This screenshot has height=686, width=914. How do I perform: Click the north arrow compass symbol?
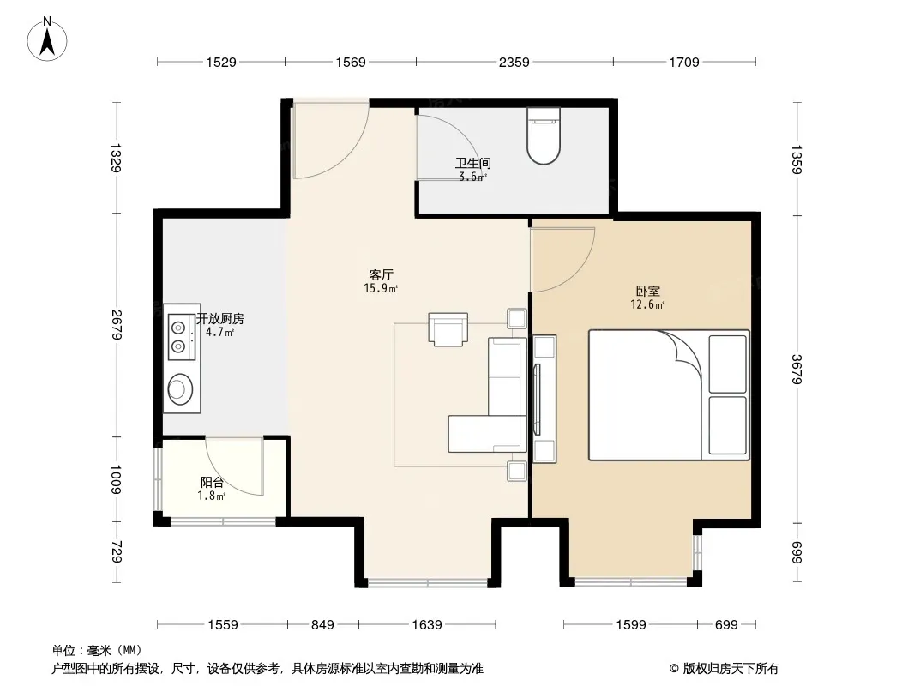(47, 39)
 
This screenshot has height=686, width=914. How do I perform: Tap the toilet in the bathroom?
(544, 135)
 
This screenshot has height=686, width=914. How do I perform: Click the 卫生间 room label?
(472, 163)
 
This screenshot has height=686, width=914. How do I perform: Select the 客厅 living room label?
(382, 274)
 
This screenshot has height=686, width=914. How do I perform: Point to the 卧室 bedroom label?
(647, 291)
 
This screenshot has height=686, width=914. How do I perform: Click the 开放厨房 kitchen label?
(219, 319)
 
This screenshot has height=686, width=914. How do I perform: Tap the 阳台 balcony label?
(212, 483)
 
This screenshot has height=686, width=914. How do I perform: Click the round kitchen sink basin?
(181, 388)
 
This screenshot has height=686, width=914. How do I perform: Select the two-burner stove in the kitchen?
(179, 337)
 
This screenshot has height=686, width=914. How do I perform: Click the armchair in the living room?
(448, 329)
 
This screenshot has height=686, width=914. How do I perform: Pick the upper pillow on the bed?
(727, 364)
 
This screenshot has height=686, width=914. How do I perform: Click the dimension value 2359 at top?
(514, 63)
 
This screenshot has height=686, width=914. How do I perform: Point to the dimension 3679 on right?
(797, 370)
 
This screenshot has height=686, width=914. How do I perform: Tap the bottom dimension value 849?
(322, 625)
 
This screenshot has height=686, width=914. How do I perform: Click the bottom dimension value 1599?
(631, 625)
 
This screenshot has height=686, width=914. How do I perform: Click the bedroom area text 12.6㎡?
(647, 304)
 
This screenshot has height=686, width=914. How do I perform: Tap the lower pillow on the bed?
(727, 425)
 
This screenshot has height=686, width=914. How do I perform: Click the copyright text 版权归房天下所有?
(731, 669)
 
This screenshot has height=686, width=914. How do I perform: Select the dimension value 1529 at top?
(221, 63)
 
